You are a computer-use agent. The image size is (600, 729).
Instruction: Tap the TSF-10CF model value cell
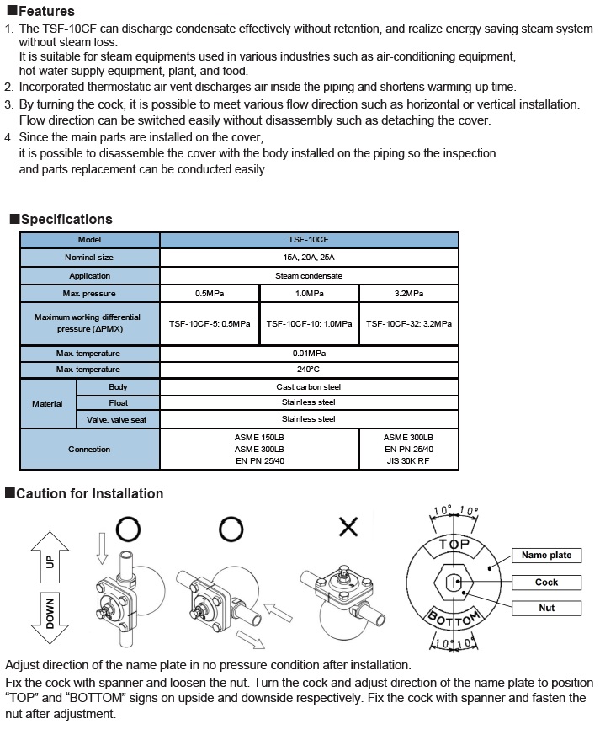click(309, 240)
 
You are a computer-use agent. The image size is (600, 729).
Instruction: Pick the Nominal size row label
click(89, 258)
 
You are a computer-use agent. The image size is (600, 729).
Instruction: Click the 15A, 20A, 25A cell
click(309, 258)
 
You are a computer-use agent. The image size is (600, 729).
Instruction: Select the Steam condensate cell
click(309, 275)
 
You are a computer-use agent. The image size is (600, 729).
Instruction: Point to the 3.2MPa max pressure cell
click(409, 294)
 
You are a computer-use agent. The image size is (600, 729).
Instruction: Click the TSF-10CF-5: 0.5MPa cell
click(210, 323)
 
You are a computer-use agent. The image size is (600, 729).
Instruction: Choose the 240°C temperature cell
click(309, 370)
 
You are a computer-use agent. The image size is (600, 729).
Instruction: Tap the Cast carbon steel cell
click(309, 387)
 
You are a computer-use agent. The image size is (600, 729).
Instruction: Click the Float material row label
click(118, 403)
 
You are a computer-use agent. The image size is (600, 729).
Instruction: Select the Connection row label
click(89, 450)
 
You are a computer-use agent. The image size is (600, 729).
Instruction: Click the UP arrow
click(48, 560)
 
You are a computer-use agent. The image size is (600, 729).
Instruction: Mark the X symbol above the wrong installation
click(348, 528)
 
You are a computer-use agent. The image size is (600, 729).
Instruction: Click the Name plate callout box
click(546, 556)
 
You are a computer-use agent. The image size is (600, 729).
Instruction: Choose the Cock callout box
click(546, 583)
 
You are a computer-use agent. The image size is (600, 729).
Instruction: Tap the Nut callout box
click(546, 608)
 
